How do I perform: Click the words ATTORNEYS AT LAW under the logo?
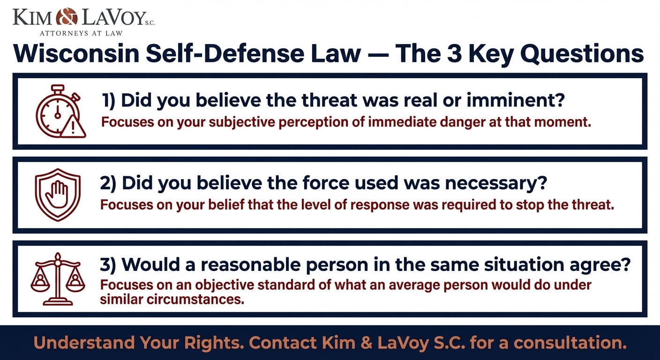click(81, 33)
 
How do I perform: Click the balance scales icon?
click(58, 279)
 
